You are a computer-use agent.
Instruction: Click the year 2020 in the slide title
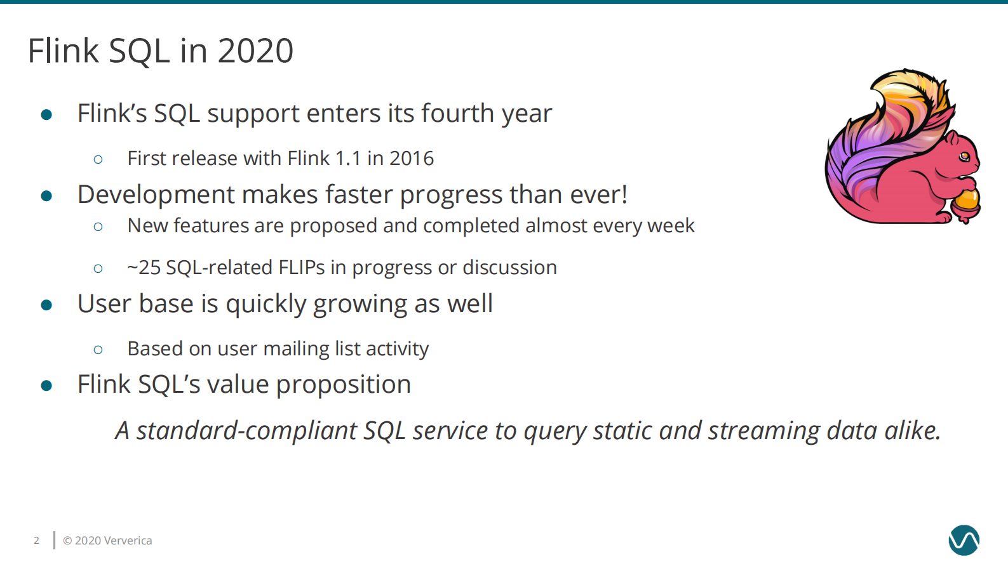click(255, 51)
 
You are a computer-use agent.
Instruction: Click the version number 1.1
click(348, 158)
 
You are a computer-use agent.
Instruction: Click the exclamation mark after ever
click(624, 195)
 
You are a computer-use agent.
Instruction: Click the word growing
click(360, 305)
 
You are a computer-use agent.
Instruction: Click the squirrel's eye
click(965, 156)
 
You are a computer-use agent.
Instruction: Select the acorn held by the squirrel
click(966, 202)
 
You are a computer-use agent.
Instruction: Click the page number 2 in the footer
click(36, 541)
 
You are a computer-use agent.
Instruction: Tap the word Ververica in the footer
click(128, 541)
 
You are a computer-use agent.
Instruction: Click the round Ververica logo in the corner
click(964, 540)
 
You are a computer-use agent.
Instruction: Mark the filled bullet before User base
click(46, 305)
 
